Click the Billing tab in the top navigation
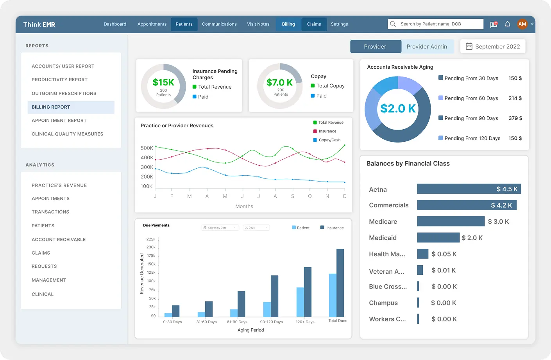pos(288,24)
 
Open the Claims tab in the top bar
pos(314,24)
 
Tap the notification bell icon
pos(507,24)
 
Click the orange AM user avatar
pos(522,24)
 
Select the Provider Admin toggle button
pos(427,46)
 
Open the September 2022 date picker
pos(493,46)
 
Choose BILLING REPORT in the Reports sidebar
pos(51,107)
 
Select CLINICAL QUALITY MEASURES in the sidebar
pos(67,134)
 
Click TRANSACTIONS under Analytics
pos(50,212)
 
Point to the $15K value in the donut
pos(163,82)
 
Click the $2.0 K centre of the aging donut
pos(398,109)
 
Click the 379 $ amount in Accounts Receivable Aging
pos(515,118)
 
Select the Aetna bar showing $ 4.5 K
pos(469,189)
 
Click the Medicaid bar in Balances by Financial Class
pos(438,237)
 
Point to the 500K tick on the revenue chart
pos(147,148)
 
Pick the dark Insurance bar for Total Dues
pos(340,283)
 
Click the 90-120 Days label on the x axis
pos(271,322)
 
